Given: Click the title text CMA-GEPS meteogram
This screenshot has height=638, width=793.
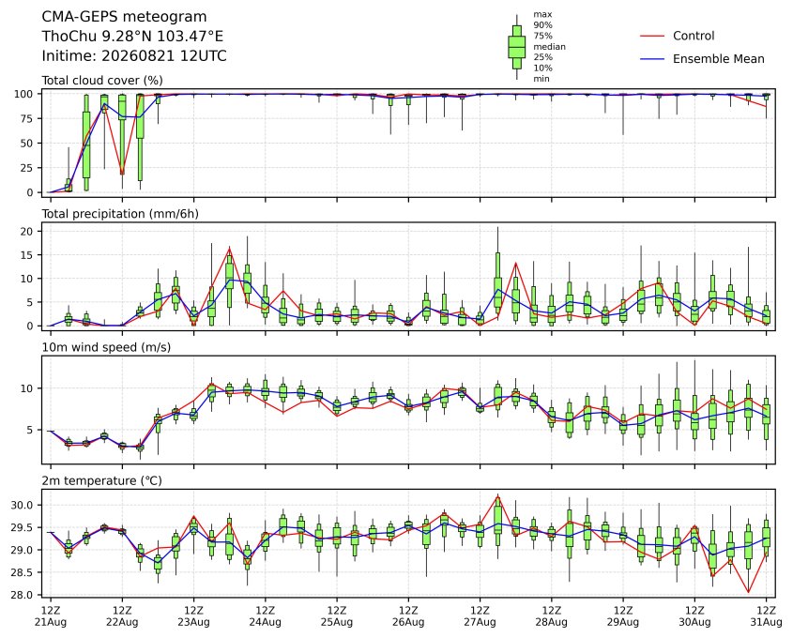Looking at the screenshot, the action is pyautogui.click(x=124, y=17).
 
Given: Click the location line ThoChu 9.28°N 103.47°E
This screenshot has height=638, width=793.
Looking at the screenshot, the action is pyautogui.click(x=132, y=37).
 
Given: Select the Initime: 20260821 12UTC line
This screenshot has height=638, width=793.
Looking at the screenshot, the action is pyautogui.click(x=134, y=55).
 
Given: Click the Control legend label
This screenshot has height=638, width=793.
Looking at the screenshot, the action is pyautogui.click(x=694, y=36).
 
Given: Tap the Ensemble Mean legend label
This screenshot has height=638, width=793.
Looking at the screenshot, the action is pyautogui.click(x=718, y=59).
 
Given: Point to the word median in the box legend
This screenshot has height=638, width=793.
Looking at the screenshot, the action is pyautogui.click(x=549, y=47).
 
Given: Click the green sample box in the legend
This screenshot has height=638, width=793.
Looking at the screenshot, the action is pyautogui.click(x=516, y=47).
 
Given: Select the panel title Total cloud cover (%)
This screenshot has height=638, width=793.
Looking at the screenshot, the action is pyautogui.click(x=102, y=81).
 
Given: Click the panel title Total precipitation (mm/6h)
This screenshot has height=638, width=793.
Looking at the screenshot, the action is pyautogui.click(x=120, y=214).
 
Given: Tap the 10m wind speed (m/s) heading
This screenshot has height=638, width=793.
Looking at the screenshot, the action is pyautogui.click(x=106, y=347).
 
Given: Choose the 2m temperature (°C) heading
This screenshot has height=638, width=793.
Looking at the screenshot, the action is pyautogui.click(x=101, y=480).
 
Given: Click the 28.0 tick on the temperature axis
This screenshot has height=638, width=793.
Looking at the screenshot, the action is pyautogui.click(x=23, y=595).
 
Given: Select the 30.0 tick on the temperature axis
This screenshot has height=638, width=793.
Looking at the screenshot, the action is pyautogui.click(x=23, y=506).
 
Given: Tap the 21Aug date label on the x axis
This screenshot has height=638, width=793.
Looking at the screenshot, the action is pyautogui.click(x=51, y=622).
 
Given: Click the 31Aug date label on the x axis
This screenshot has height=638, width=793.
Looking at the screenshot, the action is pyautogui.click(x=766, y=622).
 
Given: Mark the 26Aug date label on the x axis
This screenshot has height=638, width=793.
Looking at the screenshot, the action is pyautogui.click(x=408, y=622).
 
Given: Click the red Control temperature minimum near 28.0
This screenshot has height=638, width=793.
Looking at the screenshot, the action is pyautogui.click(x=749, y=592).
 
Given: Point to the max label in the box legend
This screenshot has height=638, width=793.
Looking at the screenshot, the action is pyautogui.click(x=542, y=15).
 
